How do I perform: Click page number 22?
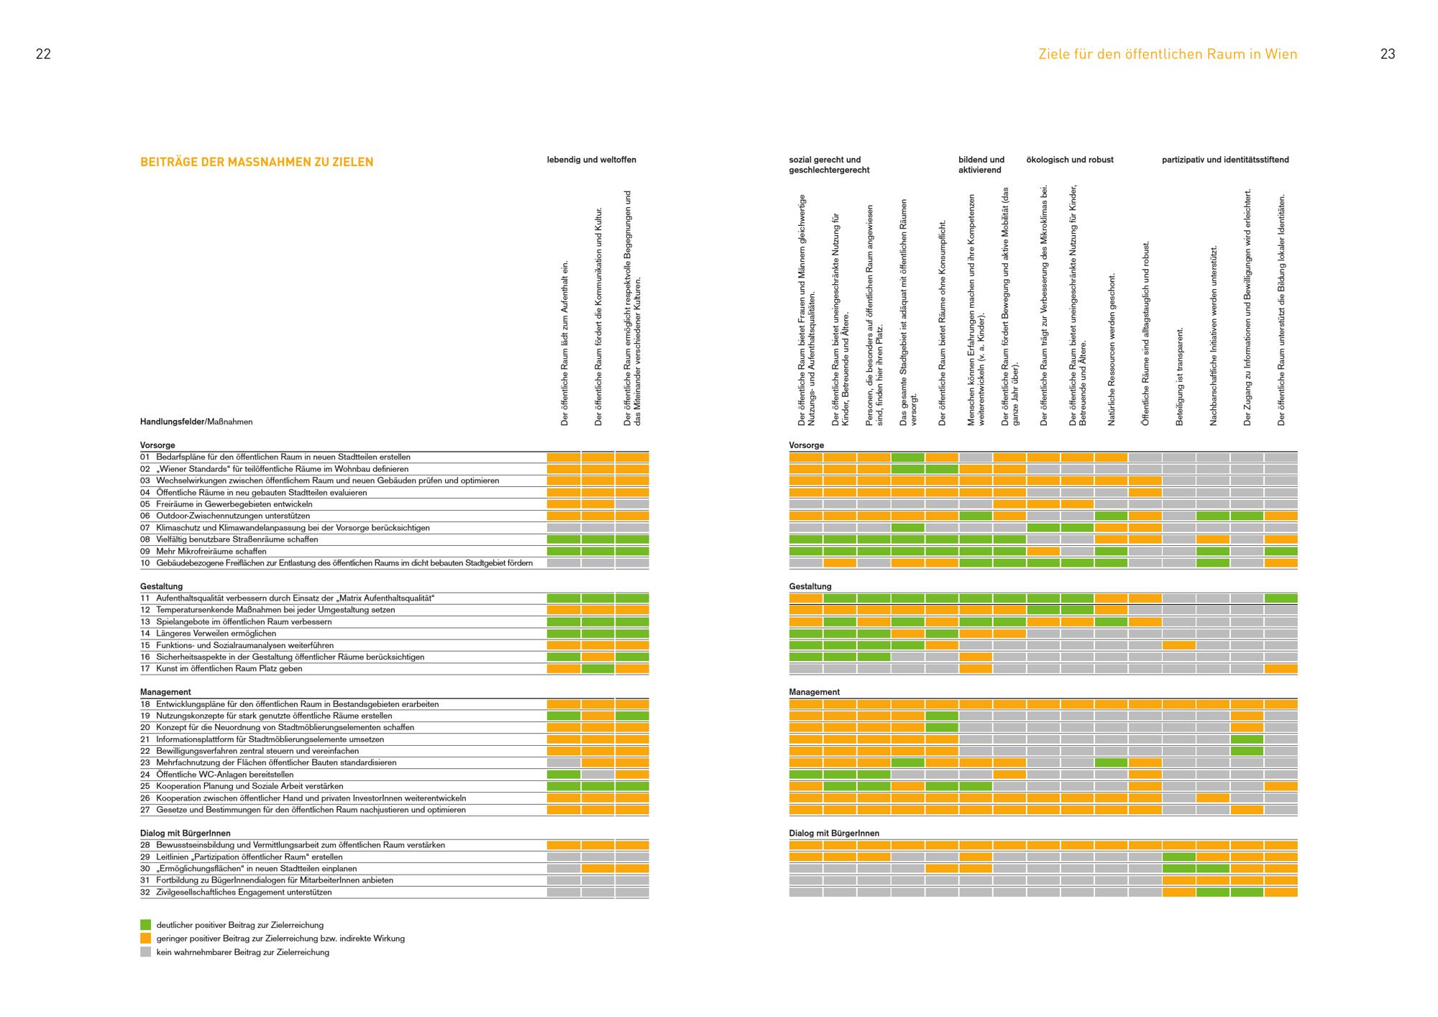(43, 54)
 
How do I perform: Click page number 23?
(1388, 54)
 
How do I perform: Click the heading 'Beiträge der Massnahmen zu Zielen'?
(257, 162)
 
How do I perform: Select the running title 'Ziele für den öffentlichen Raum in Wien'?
(1168, 54)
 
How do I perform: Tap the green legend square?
(145, 925)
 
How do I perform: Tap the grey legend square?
(145, 952)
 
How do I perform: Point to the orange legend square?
(145, 939)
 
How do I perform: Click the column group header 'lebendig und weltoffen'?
(592, 160)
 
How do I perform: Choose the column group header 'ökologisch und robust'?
(1070, 160)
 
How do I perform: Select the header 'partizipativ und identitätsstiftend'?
(1225, 160)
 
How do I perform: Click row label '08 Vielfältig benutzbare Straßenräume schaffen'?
(229, 539)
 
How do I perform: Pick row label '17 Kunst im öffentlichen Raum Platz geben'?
(221, 669)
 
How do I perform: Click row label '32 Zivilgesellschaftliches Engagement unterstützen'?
(236, 893)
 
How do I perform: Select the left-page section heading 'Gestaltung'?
(162, 586)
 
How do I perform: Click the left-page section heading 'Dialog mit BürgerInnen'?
(186, 834)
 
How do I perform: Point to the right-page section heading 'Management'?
(815, 692)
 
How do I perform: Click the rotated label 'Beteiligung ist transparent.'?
(1180, 376)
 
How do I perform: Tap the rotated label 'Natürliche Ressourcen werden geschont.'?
(1112, 350)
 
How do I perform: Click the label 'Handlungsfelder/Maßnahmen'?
(196, 422)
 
